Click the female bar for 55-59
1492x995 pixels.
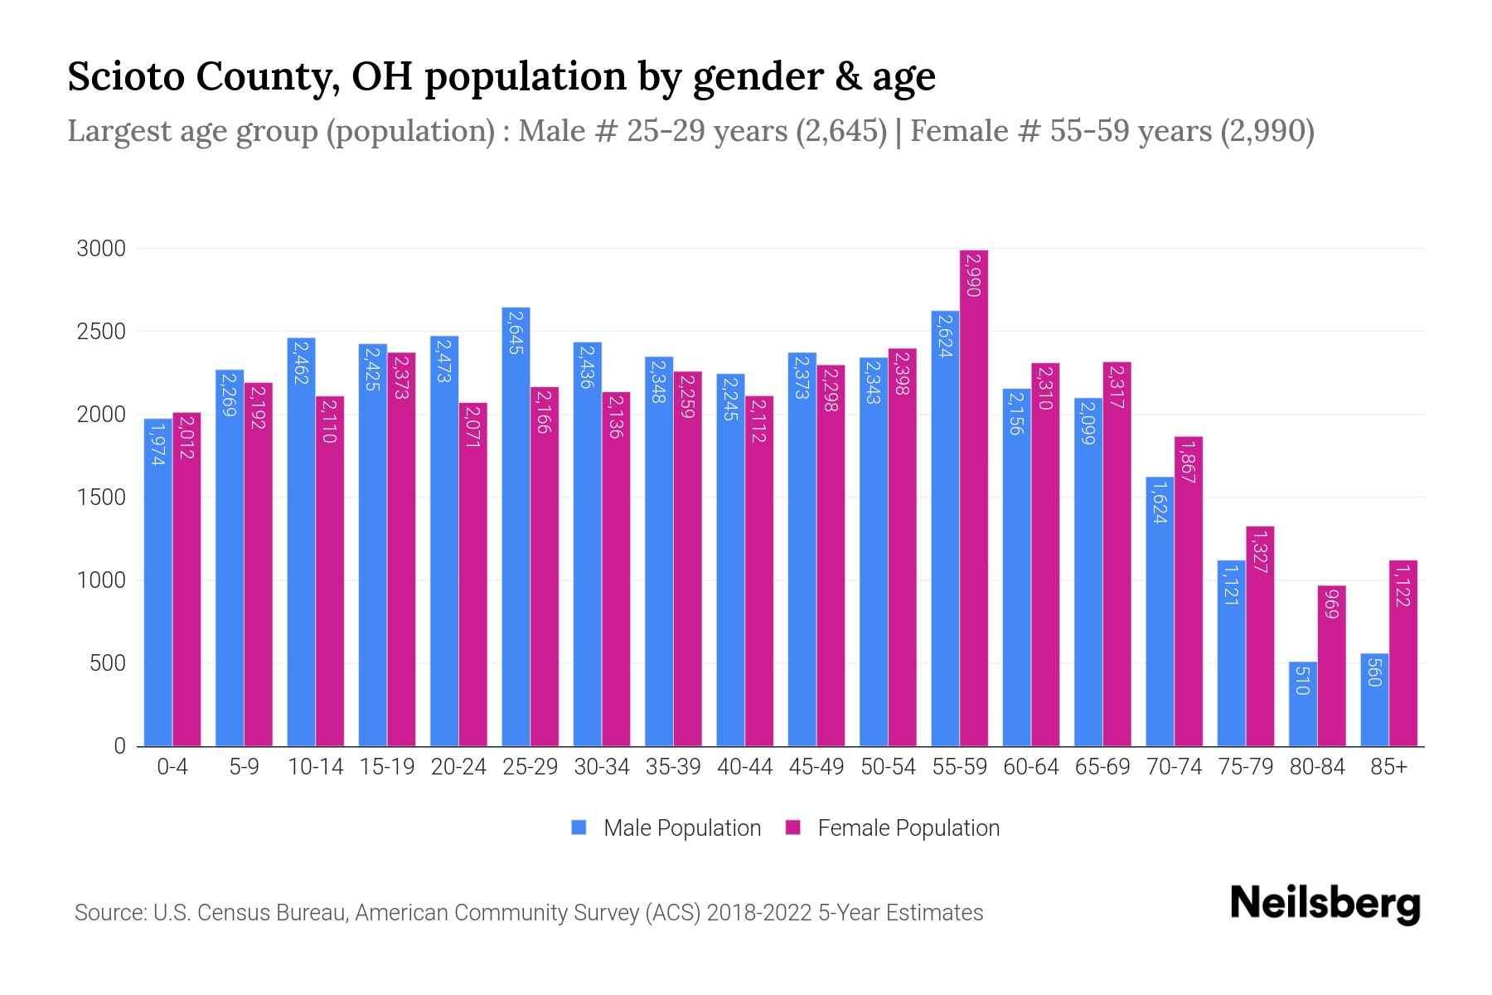tap(974, 498)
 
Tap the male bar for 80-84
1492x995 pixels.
tap(1303, 704)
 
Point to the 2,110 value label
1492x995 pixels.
tap(329, 420)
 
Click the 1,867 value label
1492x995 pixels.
tap(1188, 462)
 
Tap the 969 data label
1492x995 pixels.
tap(1332, 603)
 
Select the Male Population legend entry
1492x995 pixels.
tap(666, 828)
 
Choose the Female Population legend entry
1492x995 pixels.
tap(892, 828)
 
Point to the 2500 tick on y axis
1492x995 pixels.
tap(101, 332)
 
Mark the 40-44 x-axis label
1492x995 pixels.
tap(744, 767)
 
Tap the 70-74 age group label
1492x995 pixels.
tap(1174, 767)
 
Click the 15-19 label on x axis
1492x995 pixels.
tap(387, 767)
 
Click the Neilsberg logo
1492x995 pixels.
tap(1325, 904)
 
